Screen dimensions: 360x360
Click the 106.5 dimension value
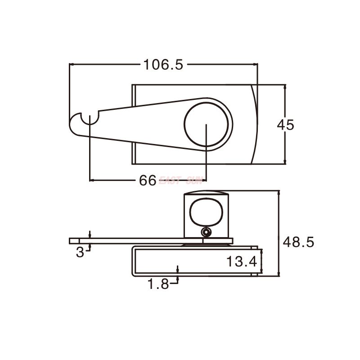tap(163, 65)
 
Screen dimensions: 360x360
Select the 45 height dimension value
tap(285, 125)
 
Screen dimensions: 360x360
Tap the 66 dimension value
tap(148, 181)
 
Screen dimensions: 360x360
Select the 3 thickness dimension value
tap(80, 252)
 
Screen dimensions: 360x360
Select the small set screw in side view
tap(206, 232)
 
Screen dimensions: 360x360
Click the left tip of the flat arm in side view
tap(71, 241)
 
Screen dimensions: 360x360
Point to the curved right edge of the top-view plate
tap(256, 124)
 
